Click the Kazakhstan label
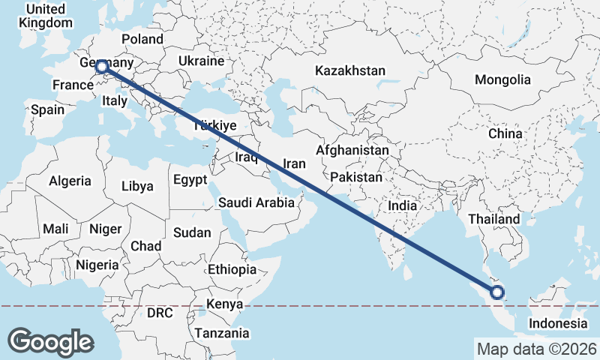[x=350, y=71]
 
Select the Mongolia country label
[x=502, y=79]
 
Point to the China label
[x=505, y=133]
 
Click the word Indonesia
[x=557, y=323]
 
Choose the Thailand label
[x=494, y=219]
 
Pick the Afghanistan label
[x=352, y=150]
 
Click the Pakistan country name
[x=356, y=178]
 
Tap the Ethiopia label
[x=232, y=269]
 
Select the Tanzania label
[x=222, y=333]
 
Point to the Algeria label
[x=70, y=181]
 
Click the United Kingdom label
[x=46, y=16]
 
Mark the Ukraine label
[x=202, y=61]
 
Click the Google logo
[x=50, y=341]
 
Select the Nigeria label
[x=97, y=265]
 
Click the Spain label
[x=48, y=109]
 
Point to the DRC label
[x=160, y=312]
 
